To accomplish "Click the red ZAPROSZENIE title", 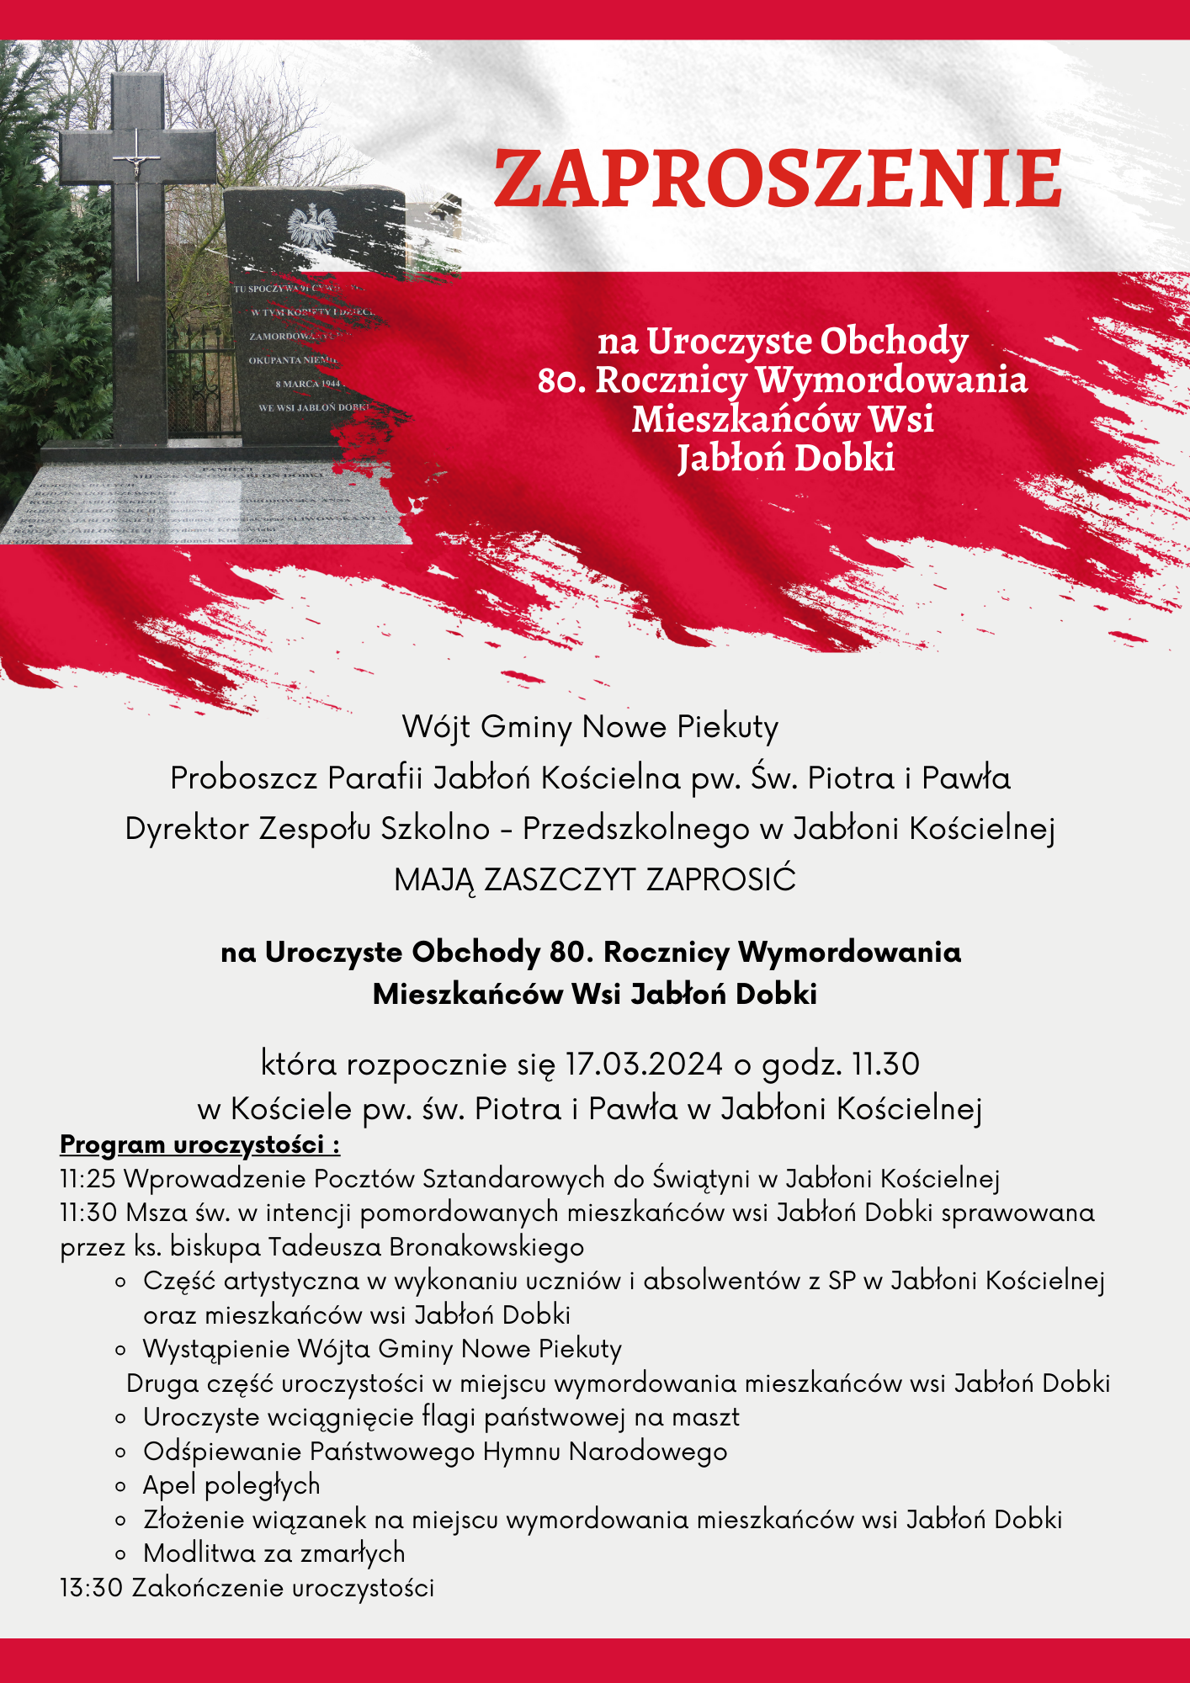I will (777, 179).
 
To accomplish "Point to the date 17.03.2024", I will (644, 1064).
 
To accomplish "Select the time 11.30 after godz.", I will (886, 1064).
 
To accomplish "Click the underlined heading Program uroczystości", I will (199, 1144).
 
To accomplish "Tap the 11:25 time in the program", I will (88, 1179).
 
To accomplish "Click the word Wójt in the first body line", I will (437, 727).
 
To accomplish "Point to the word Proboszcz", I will (244, 778).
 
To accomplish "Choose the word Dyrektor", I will (187, 829).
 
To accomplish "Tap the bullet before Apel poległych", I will (121, 1487).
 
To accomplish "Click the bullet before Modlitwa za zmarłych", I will (121, 1555).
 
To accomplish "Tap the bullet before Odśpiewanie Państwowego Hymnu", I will (121, 1453).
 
